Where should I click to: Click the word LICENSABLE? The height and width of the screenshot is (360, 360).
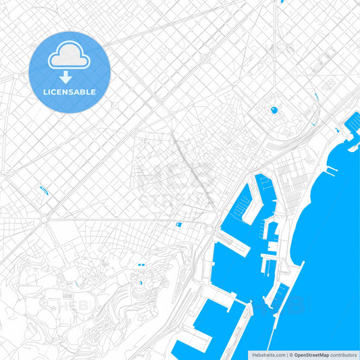(x=70, y=92)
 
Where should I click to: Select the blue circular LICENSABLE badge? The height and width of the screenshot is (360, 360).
(x=70, y=72)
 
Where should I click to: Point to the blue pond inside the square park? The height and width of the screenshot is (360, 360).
(x=274, y=109)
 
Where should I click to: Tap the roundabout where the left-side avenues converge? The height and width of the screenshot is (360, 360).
(x=44, y=220)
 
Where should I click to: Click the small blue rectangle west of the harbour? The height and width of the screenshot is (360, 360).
(x=178, y=224)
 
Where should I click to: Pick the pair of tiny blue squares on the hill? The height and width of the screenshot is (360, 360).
(x=140, y=265)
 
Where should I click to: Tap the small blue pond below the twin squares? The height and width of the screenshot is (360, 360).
(x=140, y=283)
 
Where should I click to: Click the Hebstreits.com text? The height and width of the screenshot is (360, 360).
(x=269, y=355)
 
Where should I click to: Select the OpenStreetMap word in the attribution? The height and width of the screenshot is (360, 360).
(x=311, y=355)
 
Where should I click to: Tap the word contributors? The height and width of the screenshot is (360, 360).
(x=343, y=355)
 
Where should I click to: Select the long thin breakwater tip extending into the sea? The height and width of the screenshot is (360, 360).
(x=331, y=174)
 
